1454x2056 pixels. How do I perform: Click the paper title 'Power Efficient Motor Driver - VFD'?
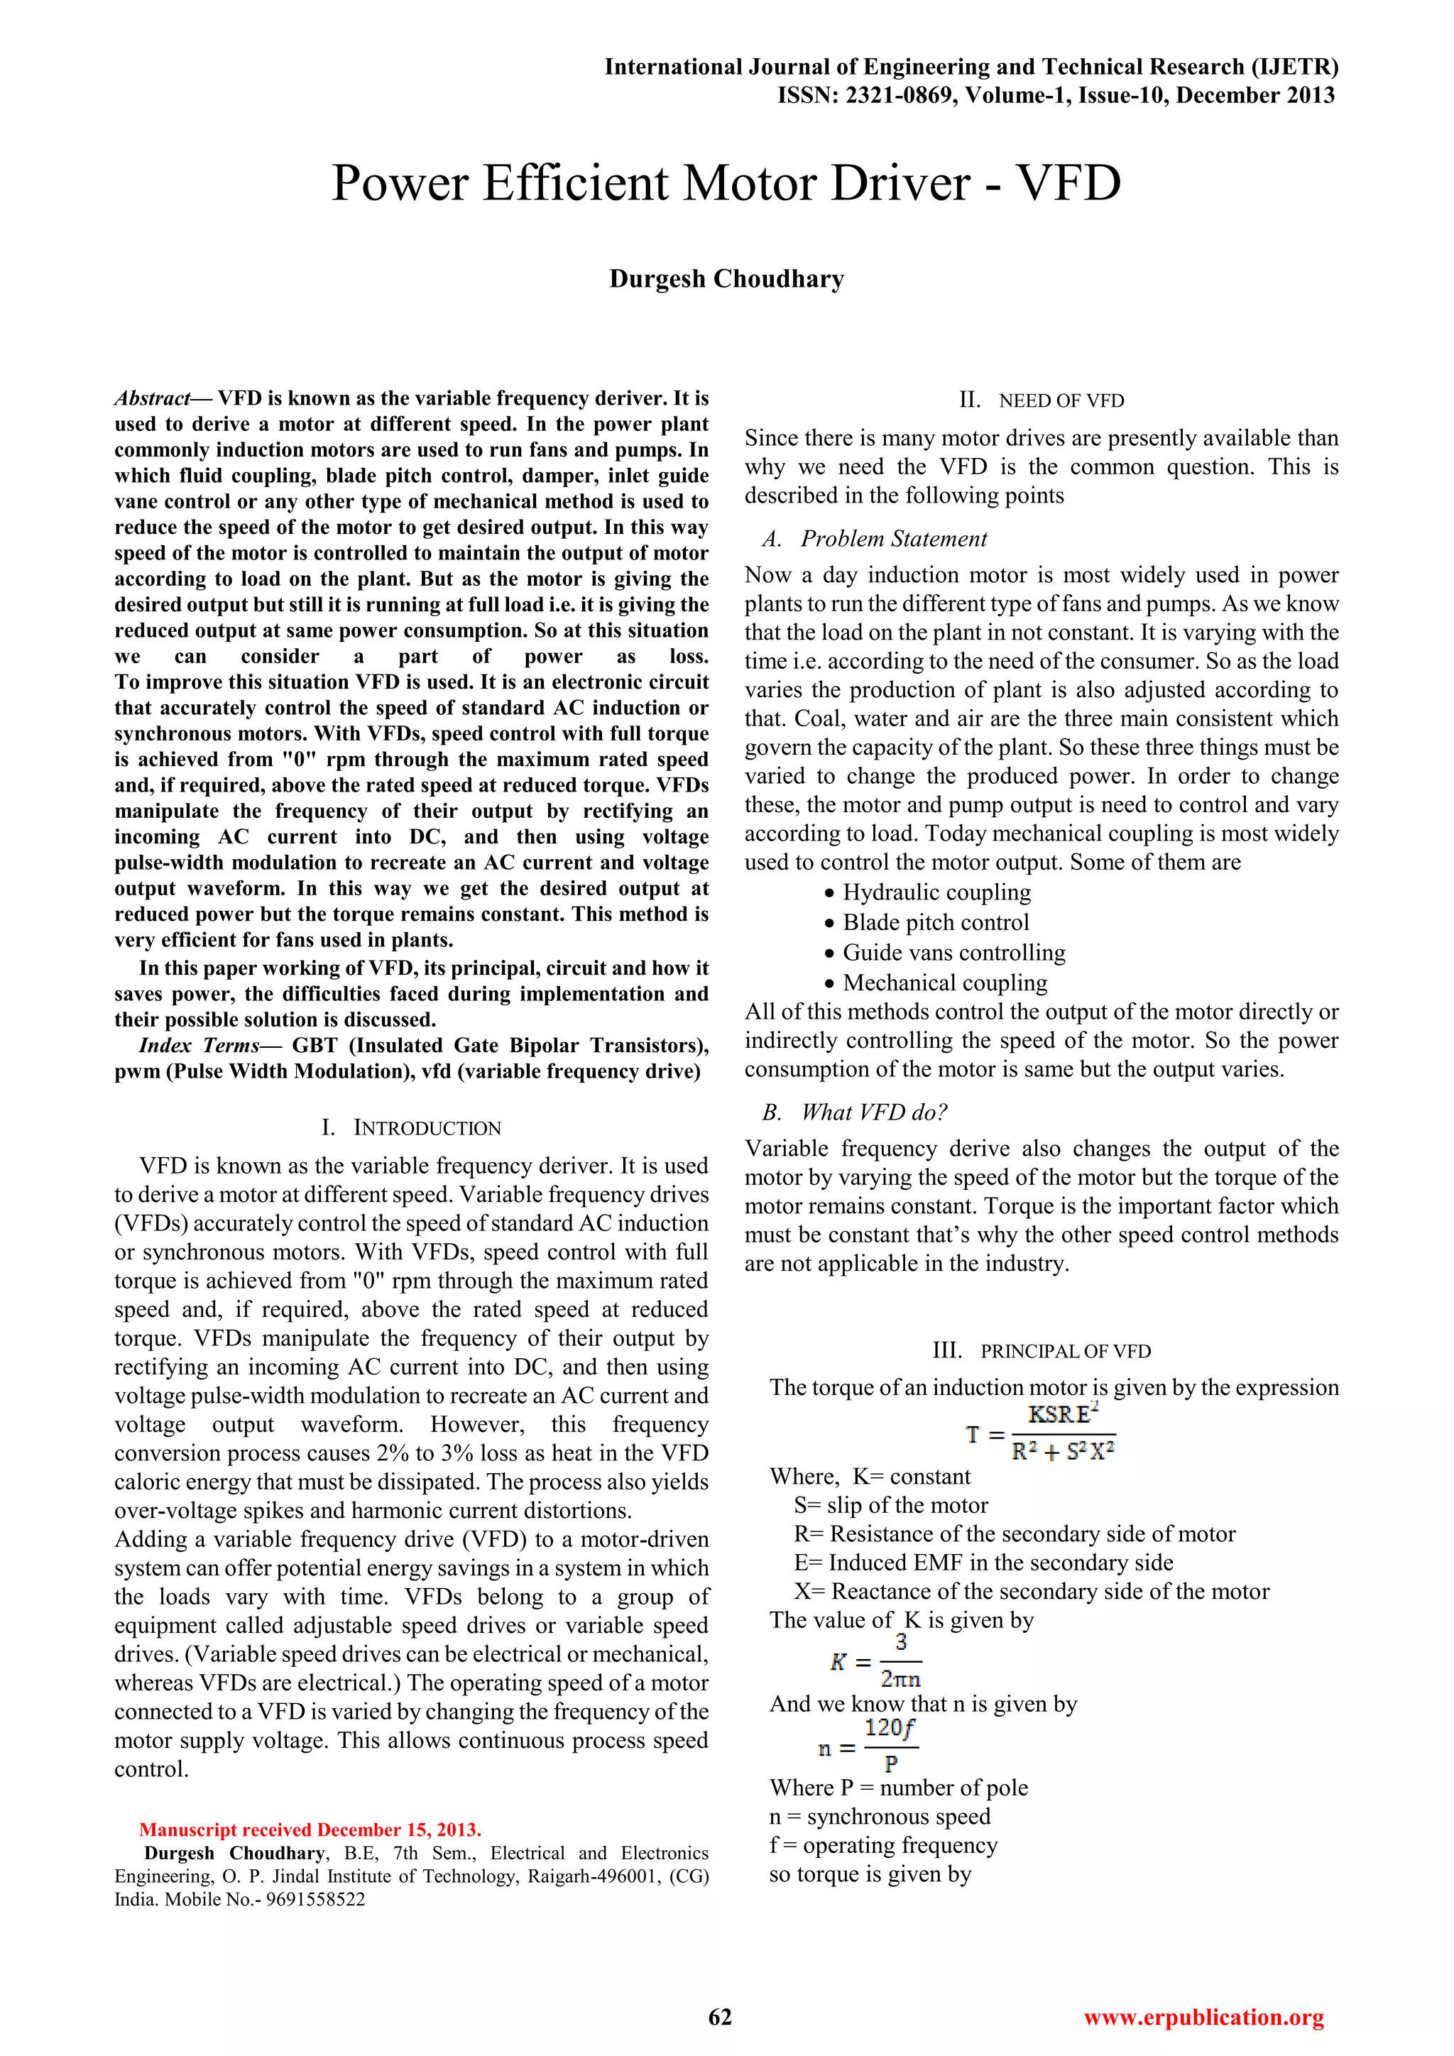coord(726,184)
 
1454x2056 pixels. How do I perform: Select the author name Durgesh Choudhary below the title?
coord(726,280)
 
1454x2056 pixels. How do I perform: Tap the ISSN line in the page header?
coord(1056,96)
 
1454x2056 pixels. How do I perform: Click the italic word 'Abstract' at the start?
coord(152,398)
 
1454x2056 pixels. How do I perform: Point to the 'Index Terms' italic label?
coord(198,1046)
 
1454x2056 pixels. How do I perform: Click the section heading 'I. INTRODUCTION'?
coord(411,1127)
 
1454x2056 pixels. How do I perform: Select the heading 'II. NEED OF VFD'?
coord(1042,400)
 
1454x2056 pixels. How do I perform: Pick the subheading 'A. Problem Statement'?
coord(874,539)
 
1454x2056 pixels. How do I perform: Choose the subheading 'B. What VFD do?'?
coord(854,1112)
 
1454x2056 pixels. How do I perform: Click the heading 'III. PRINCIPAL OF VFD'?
coord(1042,1350)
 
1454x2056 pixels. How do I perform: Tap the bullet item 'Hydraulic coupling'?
coord(936,893)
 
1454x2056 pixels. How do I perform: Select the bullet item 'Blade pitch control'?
coord(936,922)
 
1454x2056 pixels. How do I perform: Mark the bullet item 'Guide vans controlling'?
coord(953,953)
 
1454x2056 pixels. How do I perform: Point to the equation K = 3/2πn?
coord(875,1662)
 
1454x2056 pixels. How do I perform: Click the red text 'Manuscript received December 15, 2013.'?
coord(310,1830)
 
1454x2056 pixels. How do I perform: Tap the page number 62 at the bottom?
coord(720,2017)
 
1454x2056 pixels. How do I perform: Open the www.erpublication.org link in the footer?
coord(1203,2017)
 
